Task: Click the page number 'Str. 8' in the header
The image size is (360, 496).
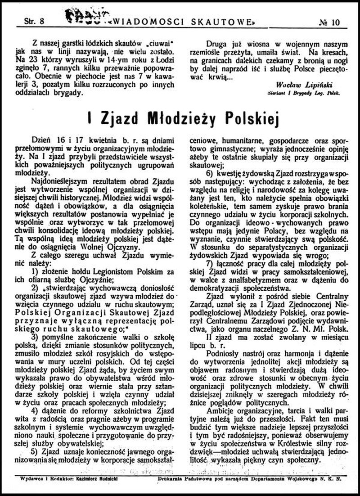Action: tap(32, 21)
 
